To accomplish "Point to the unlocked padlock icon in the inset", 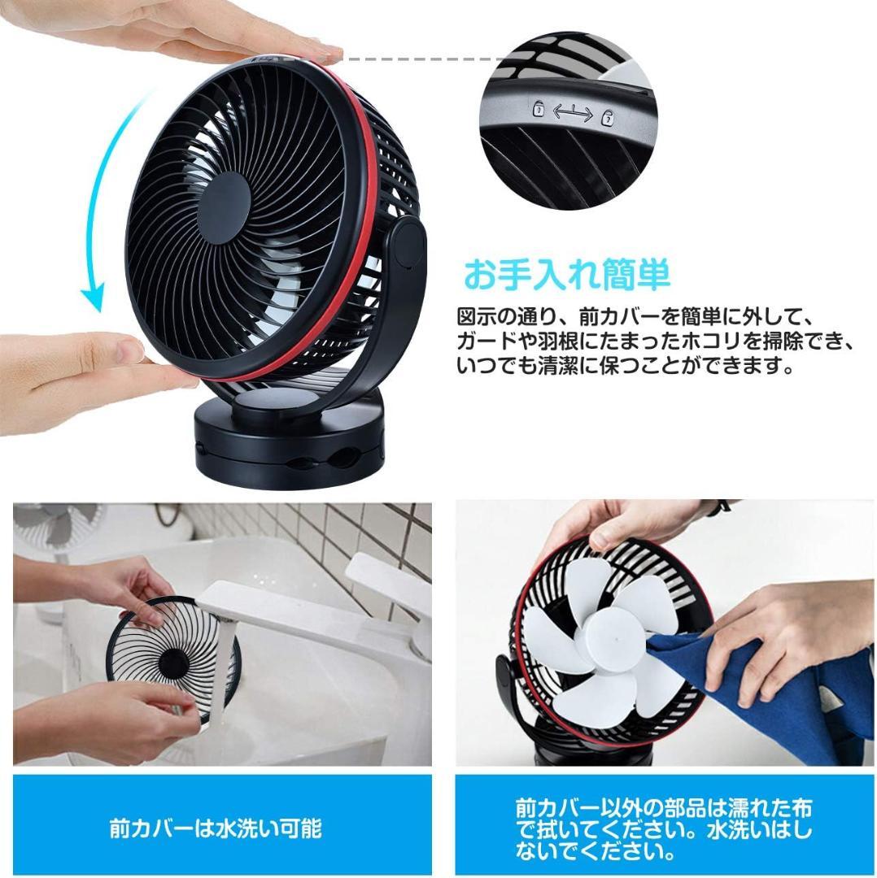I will tap(538, 109).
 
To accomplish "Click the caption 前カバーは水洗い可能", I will tap(216, 828).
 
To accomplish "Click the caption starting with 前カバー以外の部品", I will tap(663, 828).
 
